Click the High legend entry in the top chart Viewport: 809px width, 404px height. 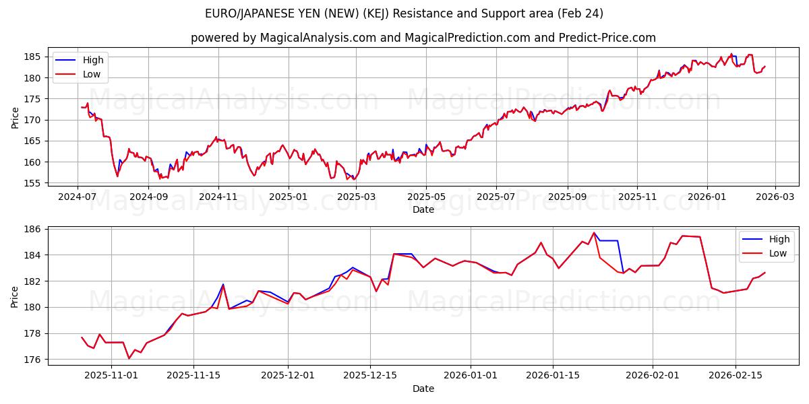92,60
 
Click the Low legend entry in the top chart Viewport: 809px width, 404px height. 92,74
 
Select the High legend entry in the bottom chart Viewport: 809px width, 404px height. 779,239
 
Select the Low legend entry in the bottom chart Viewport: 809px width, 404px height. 777,253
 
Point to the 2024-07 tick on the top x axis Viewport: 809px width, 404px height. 78,196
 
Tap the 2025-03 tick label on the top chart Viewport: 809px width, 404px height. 356,196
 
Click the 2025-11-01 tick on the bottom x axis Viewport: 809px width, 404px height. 111,375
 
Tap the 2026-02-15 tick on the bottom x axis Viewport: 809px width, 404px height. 736,375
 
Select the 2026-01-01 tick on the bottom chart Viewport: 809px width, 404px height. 471,375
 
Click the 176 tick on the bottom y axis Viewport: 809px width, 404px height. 34,360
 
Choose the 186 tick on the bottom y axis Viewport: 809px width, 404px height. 34,230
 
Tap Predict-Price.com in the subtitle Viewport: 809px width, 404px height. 607,38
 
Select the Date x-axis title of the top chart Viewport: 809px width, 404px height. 423,209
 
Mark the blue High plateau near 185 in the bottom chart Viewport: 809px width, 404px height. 608,240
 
